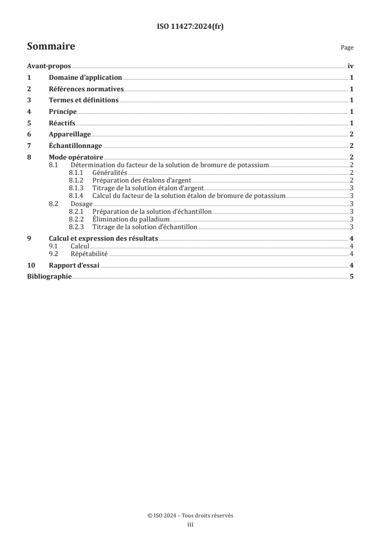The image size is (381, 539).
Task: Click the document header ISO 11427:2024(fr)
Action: pyautogui.click(x=190, y=27)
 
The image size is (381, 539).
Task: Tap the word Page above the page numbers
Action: pyautogui.click(x=347, y=48)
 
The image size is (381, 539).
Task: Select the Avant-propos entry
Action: pyautogui.click(x=49, y=67)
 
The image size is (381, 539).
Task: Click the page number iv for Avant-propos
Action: pyautogui.click(x=351, y=67)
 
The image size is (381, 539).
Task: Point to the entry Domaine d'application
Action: pyautogui.click(x=86, y=78)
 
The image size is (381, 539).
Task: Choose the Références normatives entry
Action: pyautogui.click(x=86, y=89)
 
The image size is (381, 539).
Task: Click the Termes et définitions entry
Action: pyautogui.click(x=84, y=100)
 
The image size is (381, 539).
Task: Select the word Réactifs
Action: pyautogui.click(x=62, y=122)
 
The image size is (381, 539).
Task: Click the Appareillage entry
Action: pyautogui.click(x=70, y=134)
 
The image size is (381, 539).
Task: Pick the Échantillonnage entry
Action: pyautogui.click(x=75, y=145)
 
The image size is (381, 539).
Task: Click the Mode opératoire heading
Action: pyautogui.click(x=76, y=157)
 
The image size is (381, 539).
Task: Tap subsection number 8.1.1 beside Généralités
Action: pyautogui.click(x=76, y=172)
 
